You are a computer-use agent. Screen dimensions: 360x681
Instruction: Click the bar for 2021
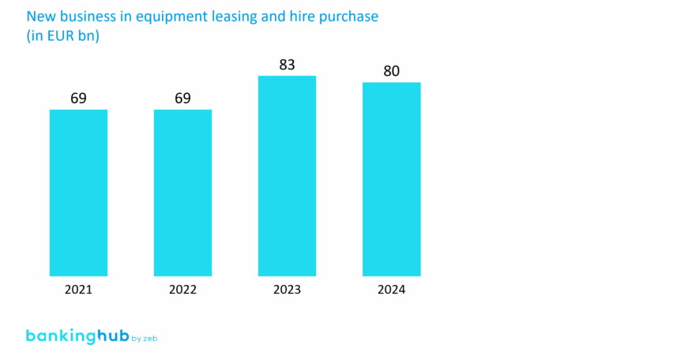(78, 193)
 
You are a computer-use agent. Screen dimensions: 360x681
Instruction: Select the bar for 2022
(182, 193)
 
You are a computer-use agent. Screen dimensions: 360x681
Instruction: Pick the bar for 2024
(391, 179)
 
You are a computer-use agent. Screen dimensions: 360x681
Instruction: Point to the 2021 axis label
(78, 290)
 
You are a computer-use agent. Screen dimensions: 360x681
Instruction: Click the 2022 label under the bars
(182, 290)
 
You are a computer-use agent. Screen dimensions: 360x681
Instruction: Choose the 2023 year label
(287, 290)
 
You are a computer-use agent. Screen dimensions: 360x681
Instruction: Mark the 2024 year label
(391, 290)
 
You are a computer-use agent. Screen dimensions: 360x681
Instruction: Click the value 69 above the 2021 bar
(78, 98)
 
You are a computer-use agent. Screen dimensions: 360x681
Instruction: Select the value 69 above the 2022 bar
(182, 98)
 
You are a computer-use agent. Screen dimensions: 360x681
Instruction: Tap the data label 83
(287, 65)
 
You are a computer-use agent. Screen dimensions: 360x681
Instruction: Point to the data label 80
(391, 71)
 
